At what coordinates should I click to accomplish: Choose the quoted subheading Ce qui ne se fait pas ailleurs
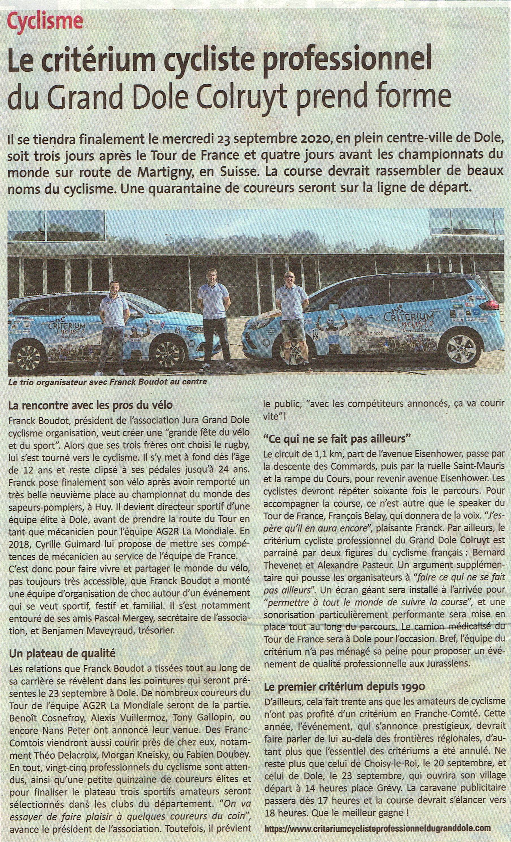[x=336, y=438]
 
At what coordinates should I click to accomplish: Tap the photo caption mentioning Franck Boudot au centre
[x=108, y=382]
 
